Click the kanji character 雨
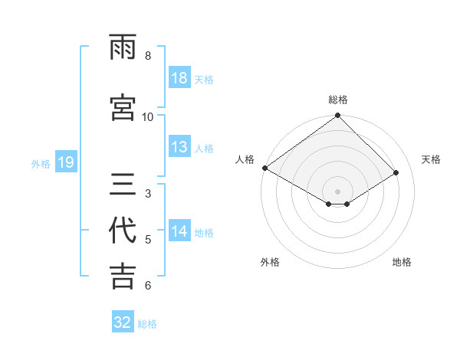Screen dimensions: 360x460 [x=123, y=47]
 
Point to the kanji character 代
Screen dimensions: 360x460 [x=123, y=231]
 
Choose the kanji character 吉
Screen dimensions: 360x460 [x=123, y=276]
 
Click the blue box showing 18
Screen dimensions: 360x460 [x=179, y=78]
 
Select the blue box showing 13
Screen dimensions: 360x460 [x=179, y=147]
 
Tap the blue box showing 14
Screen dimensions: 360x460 [x=179, y=231]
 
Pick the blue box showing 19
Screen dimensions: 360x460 [x=65, y=162]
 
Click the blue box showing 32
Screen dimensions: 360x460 [x=123, y=322]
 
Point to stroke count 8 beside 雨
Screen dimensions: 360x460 [x=148, y=56]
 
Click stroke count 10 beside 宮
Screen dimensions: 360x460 [x=148, y=116]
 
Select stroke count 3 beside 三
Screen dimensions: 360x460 [x=148, y=193]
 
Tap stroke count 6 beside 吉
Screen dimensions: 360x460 [x=148, y=285]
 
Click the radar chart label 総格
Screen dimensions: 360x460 [x=337, y=100]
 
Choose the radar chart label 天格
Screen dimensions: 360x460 [x=431, y=159]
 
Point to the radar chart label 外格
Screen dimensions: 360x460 [x=270, y=262]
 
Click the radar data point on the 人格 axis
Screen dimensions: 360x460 [x=264, y=168]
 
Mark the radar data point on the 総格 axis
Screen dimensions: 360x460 [x=337, y=116]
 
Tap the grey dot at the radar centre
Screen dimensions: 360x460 [x=337, y=190]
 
